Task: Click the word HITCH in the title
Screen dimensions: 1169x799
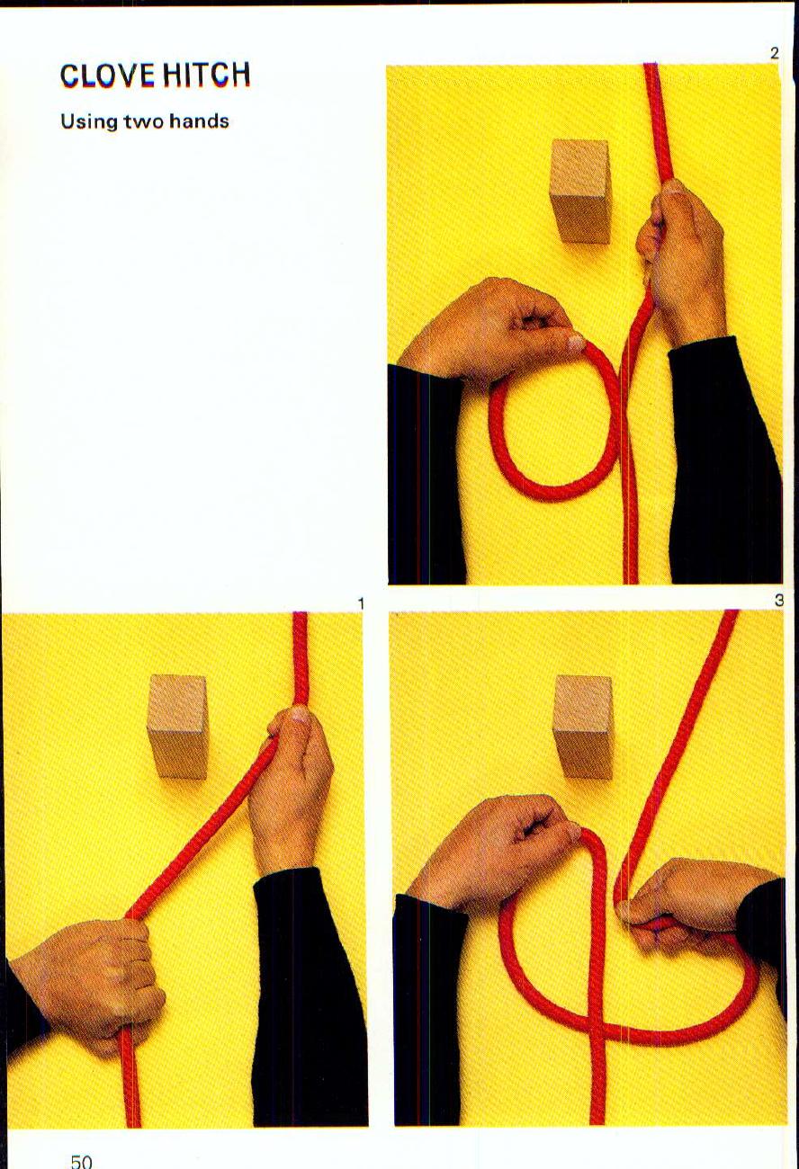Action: pyautogui.click(x=206, y=76)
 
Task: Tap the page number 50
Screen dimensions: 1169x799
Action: pyautogui.click(x=81, y=1161)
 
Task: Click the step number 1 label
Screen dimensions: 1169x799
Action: pyautogui.click(x=361, y=604)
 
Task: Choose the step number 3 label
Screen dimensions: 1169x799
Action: pyautogui.click(x=778, y=600)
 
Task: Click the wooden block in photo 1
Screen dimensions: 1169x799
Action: pyautogui.click(x=177, y=725)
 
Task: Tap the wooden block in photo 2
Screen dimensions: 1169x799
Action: pyautogui.click(x=580, y=190)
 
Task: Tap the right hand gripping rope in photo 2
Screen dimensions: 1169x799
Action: pyautogui.click(x=682, y=261)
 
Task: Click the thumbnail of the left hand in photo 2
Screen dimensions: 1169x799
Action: pyautogui.click(x=573, y=342)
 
